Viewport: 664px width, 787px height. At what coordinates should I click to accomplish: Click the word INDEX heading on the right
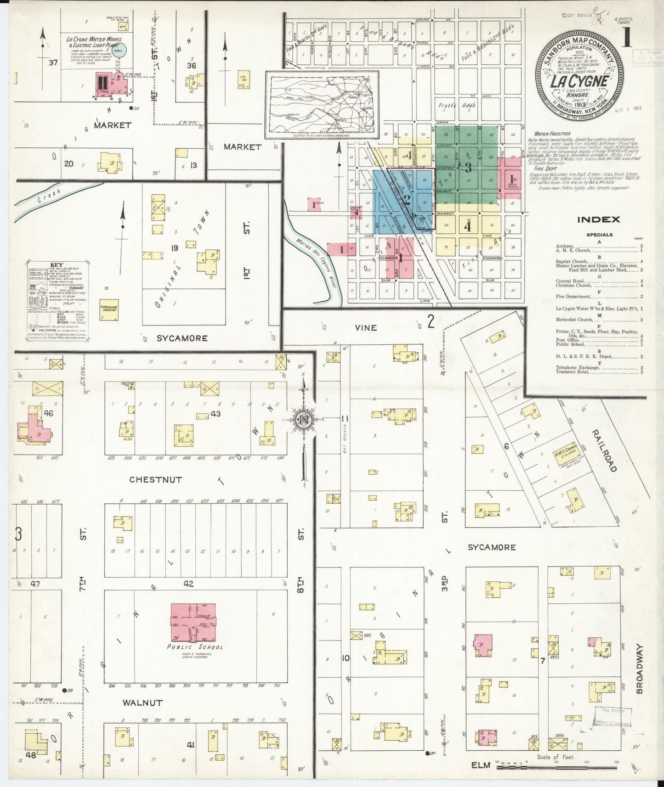pos(598,219)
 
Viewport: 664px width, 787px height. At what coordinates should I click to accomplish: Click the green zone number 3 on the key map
pos(467,168)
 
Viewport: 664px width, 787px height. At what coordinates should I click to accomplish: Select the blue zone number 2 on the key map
pos(406,199)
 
